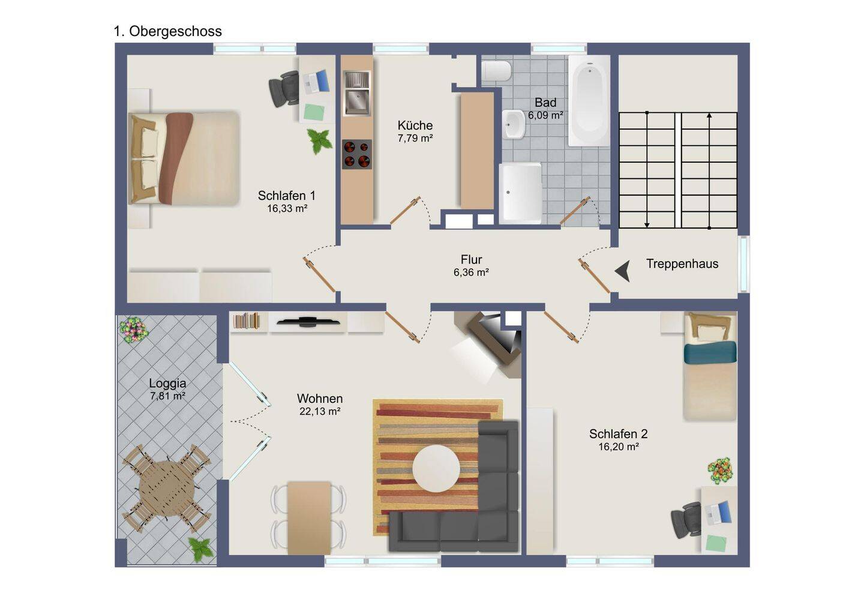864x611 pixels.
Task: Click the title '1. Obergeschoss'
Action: pyautogui.click(x=168, y=31)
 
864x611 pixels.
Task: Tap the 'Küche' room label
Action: pyautogui.click(x=415, y=125)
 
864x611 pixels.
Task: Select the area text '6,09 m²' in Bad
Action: pyautogui.click(x=545, y=115)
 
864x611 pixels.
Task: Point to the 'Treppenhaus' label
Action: pyautogui.click(x=682, y=263)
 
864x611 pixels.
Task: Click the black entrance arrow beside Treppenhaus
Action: pyautogui.click(x=623, y=271)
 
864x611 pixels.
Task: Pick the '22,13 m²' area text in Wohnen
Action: pyautogui.click(x=320, y=411)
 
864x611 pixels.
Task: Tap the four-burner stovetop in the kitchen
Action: pyautogui.click(x=357, y=154)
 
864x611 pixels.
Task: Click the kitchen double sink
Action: pyautogui.click(x=357, y=93)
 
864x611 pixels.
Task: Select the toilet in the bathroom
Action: pyautogui.click(x=496, y=71)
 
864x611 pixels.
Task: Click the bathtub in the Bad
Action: pyautogui.click(x=589, y=101)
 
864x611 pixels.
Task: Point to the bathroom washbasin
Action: pyautogui.click(x=514, y=124)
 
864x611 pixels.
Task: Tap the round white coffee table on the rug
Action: pyautogui.click(x=436, y=468)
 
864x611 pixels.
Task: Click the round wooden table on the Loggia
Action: pyautogui.click(x=167, y=489)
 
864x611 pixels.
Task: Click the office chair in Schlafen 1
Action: pyautogui.click(x=284, y=88)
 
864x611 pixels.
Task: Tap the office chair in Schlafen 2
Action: pyautogui.click(x=686, y=520)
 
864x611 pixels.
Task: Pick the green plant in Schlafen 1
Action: pyautogui.click(x=320, y=141)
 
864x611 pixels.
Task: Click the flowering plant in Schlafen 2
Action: pyautogui.click(x=720, y=471)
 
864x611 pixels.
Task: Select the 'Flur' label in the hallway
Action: pyautogui.click(x=471, y=259)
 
